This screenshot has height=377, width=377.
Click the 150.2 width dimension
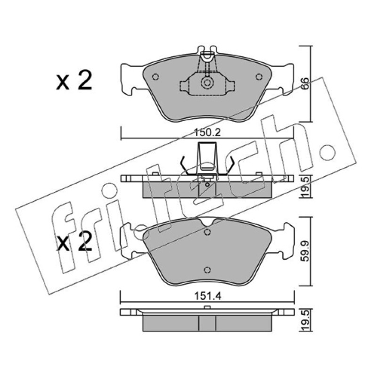(x=207, y=132)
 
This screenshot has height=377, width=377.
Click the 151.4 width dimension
(x=207, y=296)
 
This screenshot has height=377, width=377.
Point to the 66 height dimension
(x=305, y=84)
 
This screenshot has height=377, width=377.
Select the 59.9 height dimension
(x=306, y=252)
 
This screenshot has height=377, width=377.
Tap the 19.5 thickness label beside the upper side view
(x=306, y=187)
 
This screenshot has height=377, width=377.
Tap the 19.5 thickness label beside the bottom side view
(x=306, y=320)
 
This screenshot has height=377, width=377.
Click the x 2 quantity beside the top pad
(x=74, y=80)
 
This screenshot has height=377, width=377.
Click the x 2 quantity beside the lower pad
(x=74, y=241)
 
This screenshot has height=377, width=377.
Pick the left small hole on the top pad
(x=156, y=77)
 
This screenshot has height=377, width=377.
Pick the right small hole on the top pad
(x=259, y=77)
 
